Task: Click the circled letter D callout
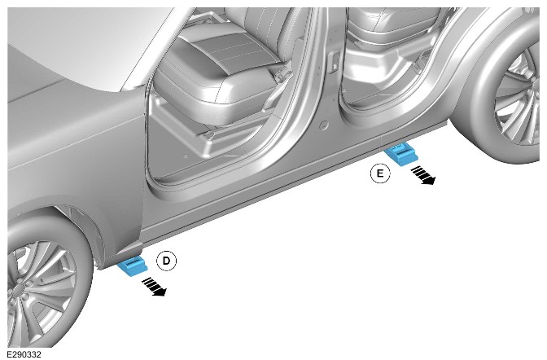tap(166, 261)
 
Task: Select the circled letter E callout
tap(380, 173)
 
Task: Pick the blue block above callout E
tap(400, 154)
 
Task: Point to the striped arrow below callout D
tap(154, 287)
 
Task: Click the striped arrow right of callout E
tap(422, 175)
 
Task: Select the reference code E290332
tap(24, 354)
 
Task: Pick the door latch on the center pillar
tap(334, 62)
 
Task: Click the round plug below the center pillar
tap(324, 125)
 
